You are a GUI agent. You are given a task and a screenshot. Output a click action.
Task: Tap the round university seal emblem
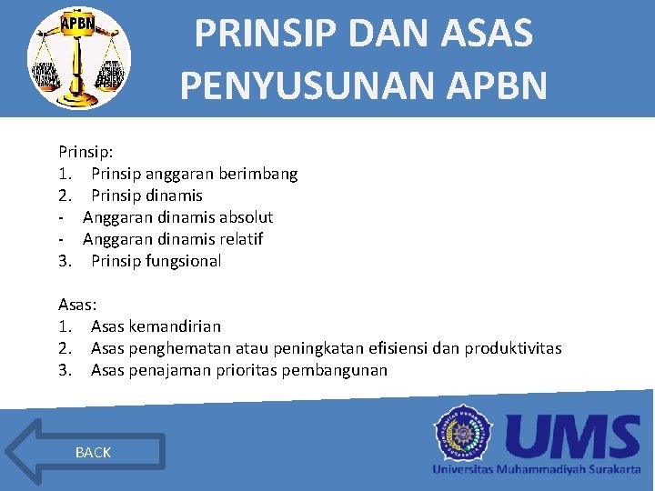click(x=464, y=436)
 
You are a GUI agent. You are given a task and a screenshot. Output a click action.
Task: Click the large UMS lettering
click(x=573, y=436)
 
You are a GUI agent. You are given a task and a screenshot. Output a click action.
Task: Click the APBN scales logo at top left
click(x=79, y=60)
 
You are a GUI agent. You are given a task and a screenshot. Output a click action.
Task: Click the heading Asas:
click(x=77, y=305)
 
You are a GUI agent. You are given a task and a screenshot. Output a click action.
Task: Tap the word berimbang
click(x=260, y=174)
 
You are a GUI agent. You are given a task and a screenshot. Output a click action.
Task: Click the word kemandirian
click(x=175, y=326)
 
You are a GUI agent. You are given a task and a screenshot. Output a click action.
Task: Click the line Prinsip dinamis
click(x=146, y=195)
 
